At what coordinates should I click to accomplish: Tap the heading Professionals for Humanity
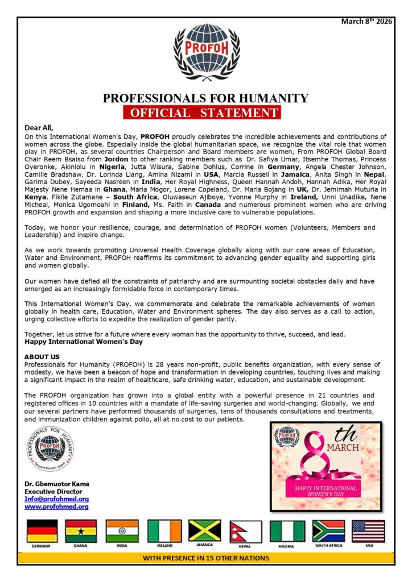tap(205, 98)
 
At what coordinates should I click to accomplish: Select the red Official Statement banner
tap(202, 112)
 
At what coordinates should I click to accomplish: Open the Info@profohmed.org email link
tap(56, 499)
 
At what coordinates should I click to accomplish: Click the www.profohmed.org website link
tap(56, 506)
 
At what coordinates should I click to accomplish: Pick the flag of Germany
tap(43, 531)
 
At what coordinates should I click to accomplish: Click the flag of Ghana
tap(81, 531)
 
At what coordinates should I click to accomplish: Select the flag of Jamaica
tap(204, 531)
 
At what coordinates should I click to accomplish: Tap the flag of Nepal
tap(245, 531)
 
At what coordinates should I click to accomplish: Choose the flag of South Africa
tap(328, 531)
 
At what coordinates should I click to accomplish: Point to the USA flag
tap(368, 531)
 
